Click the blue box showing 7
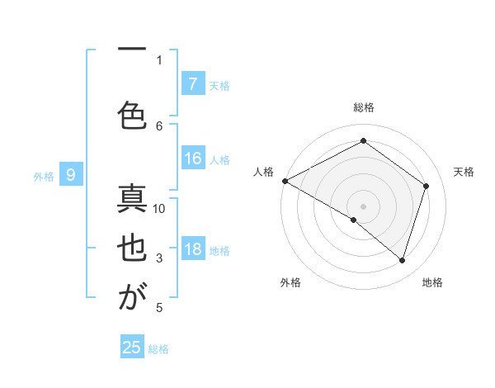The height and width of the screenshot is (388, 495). [x=192, y=84]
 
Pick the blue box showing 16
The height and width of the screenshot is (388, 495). [x=192, y=159]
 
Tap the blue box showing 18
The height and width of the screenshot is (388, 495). [x=192, y=250]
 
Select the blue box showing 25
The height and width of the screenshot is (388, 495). [x=132, y=348]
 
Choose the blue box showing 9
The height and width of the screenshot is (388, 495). [x=71, y=175]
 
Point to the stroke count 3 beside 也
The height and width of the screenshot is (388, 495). [x=159, y=259]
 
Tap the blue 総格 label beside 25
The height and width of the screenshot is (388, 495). [x=158, y=349]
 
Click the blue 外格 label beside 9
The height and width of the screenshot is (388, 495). [x=44, y=176]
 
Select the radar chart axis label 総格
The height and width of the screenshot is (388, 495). [x=363, y=107]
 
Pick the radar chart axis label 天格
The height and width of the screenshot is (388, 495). [x=464, y=172]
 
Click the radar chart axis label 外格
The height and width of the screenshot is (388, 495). [x=290, y=282]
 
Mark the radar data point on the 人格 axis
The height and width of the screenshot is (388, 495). [x=285, y=180]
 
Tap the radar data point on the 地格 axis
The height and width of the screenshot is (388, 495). [x=402, y=260]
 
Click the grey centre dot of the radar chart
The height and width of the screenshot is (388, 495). [x=363, y=206]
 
